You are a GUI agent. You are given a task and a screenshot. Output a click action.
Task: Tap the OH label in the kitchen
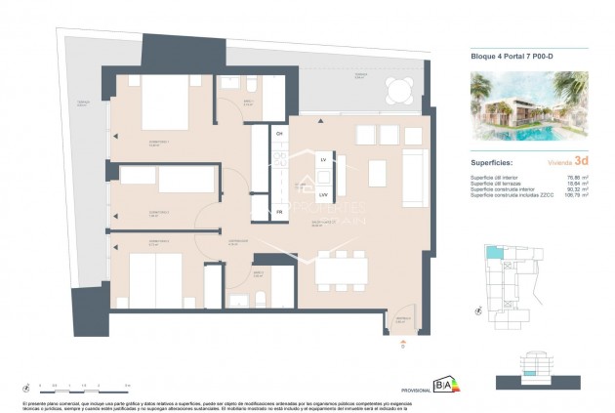tap(279, 134)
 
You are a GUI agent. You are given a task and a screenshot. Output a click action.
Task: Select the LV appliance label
tap(323, 158)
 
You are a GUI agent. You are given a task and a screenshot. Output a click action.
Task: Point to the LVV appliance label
tap(323, 194)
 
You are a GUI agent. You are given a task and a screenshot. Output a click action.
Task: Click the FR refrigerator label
tap(279, 211)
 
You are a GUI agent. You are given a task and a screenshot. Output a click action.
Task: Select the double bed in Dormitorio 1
tap(153, 105)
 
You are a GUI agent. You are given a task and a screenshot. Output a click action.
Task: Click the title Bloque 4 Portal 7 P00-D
tap(511, 58)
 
